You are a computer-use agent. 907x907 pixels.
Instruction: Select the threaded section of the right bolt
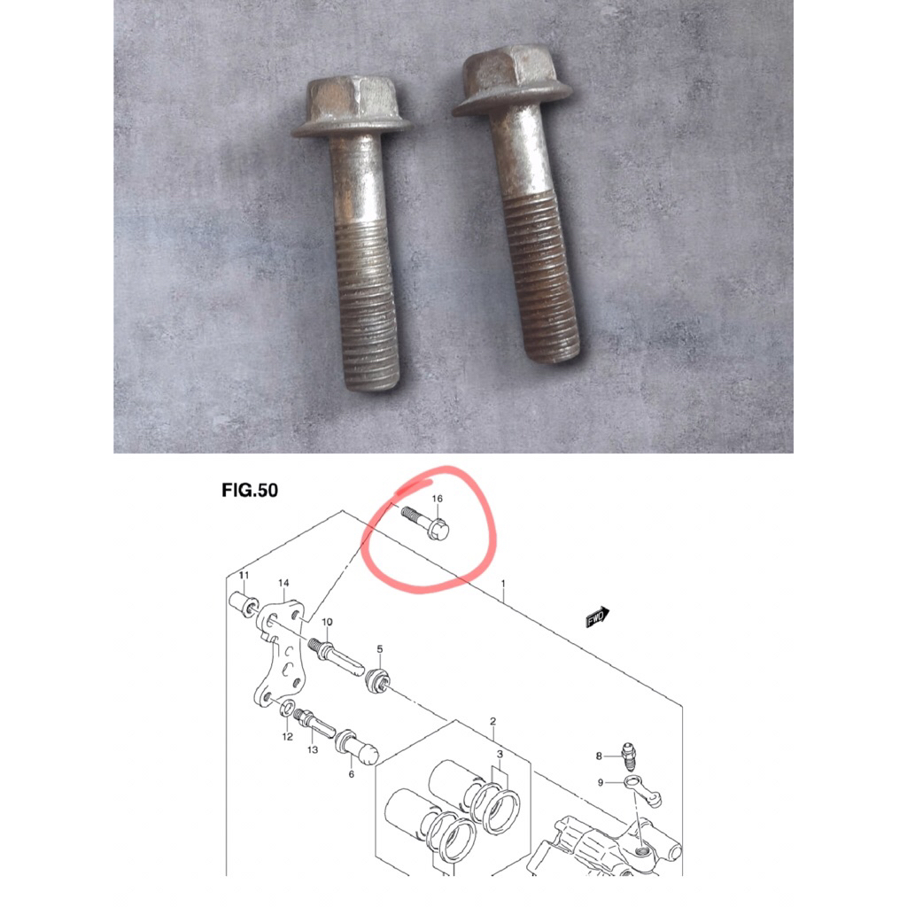coord(544,283)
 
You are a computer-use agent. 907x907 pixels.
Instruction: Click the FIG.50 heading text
coord(250,490)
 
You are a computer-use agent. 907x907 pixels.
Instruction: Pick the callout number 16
coord(437,500)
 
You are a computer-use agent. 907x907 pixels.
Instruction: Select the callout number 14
coord(283,583)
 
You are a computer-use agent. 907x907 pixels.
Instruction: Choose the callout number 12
coord(287,736)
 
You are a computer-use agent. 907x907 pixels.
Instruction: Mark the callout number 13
coord(313,749)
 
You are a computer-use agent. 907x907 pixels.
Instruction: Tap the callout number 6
coord(351,773)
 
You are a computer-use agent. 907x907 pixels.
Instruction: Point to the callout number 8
coord(599,756)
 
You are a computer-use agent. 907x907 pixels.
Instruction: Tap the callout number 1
coord(502,585)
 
